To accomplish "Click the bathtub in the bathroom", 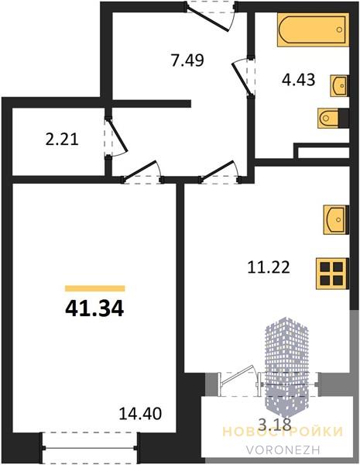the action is pyautogui.click(x=314, y=29).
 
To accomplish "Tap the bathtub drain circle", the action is pyautogui.click(x=340, y=29).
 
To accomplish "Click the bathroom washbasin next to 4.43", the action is pyautogui.click(x=339, y=86).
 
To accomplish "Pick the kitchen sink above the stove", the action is pyautogui.click(x=336, y=220).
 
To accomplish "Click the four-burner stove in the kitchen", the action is pyautogui.click(x=332, y=274).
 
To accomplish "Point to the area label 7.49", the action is pyautogui.click(x=187, y=60).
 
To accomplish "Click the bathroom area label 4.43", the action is pyautogui.click(x=298, y=80).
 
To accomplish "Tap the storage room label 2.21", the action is pyautogui.click(x=62, y=139).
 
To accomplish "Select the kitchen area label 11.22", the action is pyautogui.click(x=269, y=267).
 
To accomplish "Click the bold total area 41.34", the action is pyautogui.click(x=94, y=308).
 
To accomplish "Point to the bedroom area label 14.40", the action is pyautogui.click(x=140, y=414).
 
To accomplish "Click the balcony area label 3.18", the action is pyautogui.click(x=275, y=425).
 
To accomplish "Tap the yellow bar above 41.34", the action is pyautogui.click(x=94, y=288).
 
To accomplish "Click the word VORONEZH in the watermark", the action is pyautogui.click(x=283, y=449).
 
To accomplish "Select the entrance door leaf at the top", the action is pyautogui.click(x=207, y=19).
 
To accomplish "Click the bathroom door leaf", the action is pyautogui.click(x=242, y=79).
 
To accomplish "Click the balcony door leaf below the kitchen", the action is pyautogui.click(x=236, y=375).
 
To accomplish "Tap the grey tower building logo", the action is pyautogui.click(x=286, y=367).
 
